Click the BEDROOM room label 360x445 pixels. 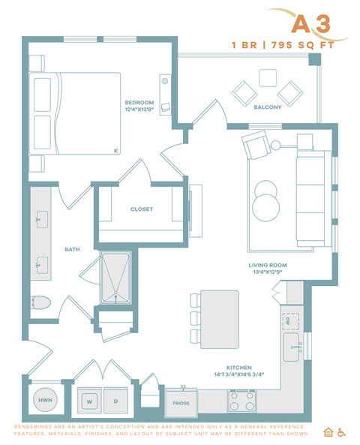[x=140, y=103]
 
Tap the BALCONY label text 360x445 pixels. [x=268, y=107]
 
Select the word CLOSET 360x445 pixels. [x=142, y=209]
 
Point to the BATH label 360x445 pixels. [x=72, y=249]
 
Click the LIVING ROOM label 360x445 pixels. [x=268, y=265]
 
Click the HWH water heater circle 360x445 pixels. [x=45, y=401]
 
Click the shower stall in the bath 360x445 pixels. [x=116, y=277]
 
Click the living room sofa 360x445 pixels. [x=313, y=200]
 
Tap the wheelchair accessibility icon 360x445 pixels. [x=342, y=431]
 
